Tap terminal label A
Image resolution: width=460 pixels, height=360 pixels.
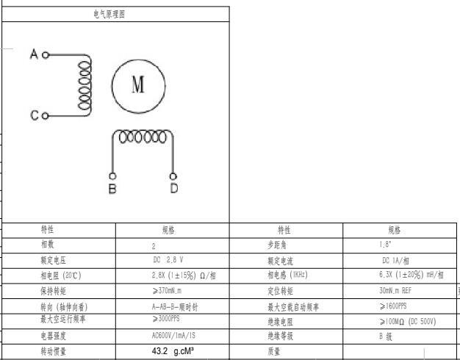(33, 54)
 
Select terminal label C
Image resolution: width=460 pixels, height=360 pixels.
(34, 115)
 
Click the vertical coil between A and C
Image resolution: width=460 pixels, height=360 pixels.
(85, 84)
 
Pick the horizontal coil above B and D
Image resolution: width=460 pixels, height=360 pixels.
(142, 137)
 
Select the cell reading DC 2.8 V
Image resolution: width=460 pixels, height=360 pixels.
(168, 260)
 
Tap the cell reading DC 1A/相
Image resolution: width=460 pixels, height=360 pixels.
(395, 260)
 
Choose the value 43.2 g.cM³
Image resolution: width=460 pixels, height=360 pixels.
(173, 352)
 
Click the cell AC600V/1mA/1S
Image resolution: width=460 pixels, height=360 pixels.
(173, 336)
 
